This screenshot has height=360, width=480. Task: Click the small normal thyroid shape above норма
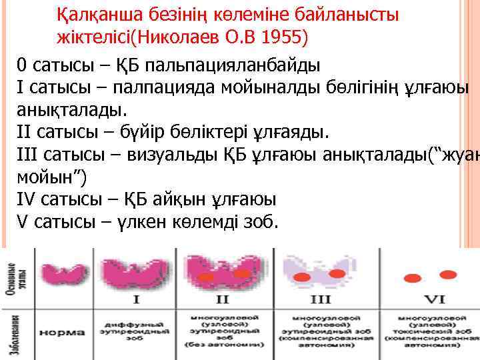pyautogui.click(x=59, y=273)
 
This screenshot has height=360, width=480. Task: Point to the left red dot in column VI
pyautogui.click(x=407, y=276)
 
